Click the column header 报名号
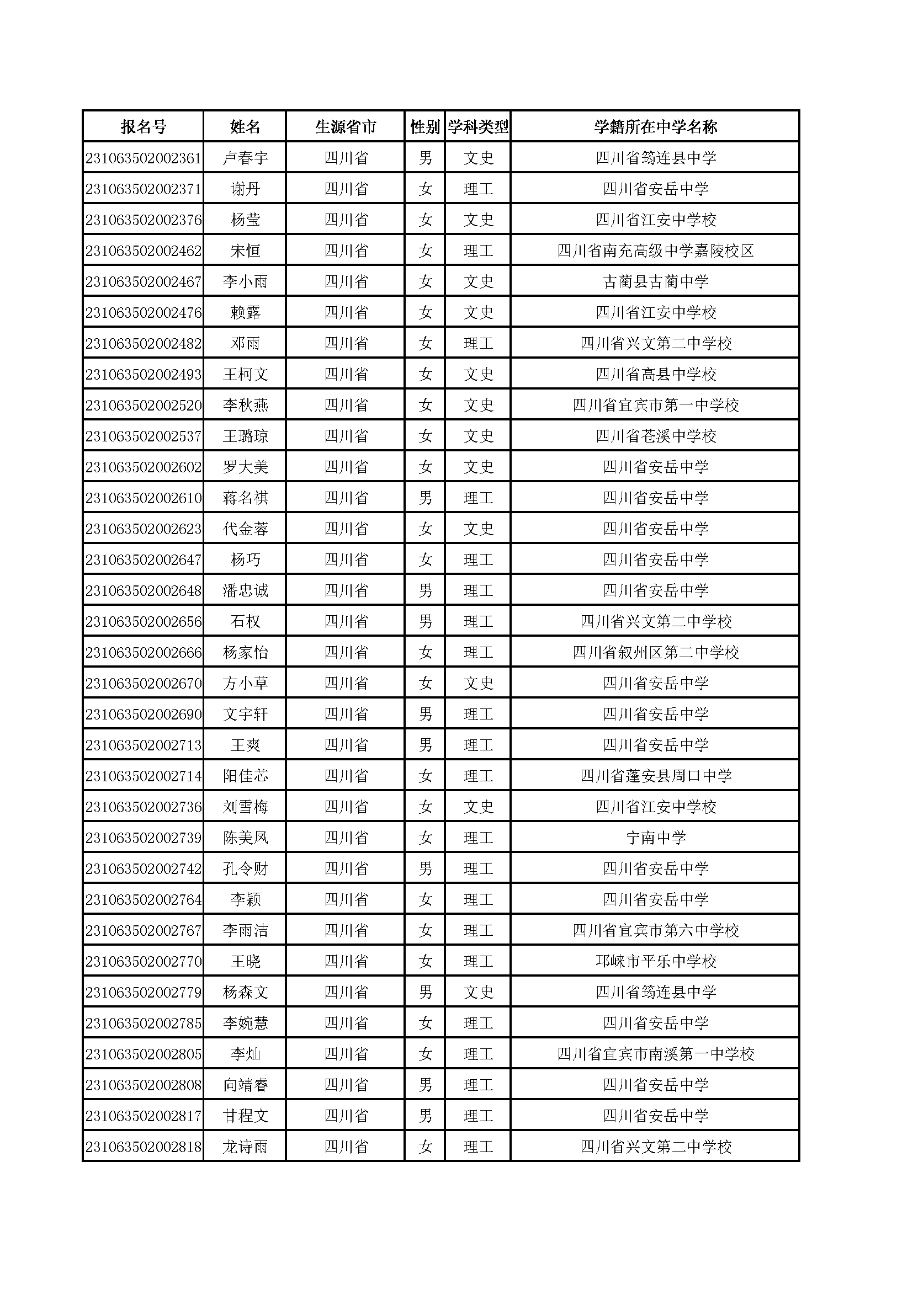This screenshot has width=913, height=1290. click(144, 127)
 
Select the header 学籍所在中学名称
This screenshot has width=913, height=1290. click(655, 127)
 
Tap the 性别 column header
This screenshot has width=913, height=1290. click(424, 127)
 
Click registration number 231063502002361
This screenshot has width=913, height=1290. click(144, 158)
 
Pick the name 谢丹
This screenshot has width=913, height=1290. click(245, 189)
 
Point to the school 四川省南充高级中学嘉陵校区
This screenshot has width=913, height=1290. click(655, 251)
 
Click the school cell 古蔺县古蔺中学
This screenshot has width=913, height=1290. click(655, 282)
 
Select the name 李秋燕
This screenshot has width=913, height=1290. click(245, 406)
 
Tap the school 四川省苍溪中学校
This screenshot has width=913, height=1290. click(655, 436)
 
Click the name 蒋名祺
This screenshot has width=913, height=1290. click(245, 498)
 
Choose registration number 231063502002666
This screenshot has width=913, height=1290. click(144, 653)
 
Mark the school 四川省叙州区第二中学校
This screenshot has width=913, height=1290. click(655, 653)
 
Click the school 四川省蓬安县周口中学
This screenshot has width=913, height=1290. click(655, 776)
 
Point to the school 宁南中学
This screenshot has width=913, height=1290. click(655, 838)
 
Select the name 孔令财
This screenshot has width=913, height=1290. click(245, 869)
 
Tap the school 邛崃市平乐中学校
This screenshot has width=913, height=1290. click(655, 962)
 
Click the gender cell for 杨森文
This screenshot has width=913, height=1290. click(425, 993)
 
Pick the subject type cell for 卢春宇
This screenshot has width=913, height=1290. click(478, 158)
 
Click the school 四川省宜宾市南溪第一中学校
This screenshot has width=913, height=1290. click(655, 1054)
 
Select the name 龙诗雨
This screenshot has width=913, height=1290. click(245, 1147)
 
